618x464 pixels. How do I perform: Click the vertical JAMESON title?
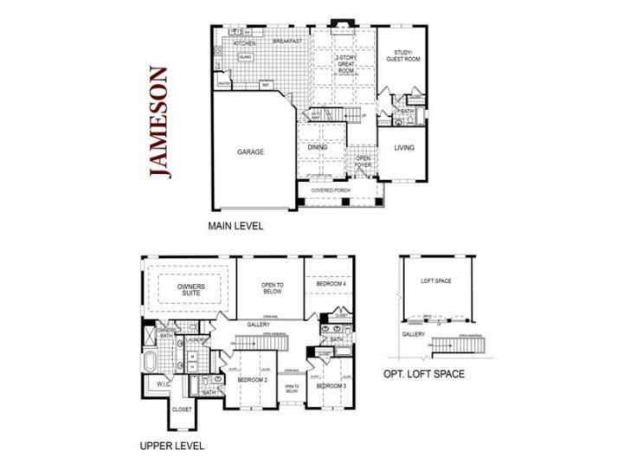pyautogui.click(x=158, y=122)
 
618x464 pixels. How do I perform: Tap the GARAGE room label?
pyautogui.click(x=251, y=151)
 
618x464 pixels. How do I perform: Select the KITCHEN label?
pyautogui.click(x=244, y=42)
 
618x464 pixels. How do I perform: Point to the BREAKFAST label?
pyautogui.click(x=286, y=42)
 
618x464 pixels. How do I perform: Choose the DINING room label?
pyautogui.click(x=317, y=147)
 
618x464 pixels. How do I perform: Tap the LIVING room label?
pyautogui.click(x=404, y=147)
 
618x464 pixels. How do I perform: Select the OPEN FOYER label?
pyautogui.click(x=364, y=162)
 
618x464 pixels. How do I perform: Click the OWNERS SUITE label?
pyautogui.click(x=190, y=289)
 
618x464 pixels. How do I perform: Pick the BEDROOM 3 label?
pyautogui.click(x=331, y=386)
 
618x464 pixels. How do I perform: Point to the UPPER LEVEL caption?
pyautogui.click(x=171, y=447)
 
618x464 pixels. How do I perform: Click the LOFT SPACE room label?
pyautogui.click(x=437, y=281)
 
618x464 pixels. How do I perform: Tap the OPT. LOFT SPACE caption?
pyautogui.click(x=424, y=375)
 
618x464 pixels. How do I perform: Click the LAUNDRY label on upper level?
pyautogui.click(x=195, y=340)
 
